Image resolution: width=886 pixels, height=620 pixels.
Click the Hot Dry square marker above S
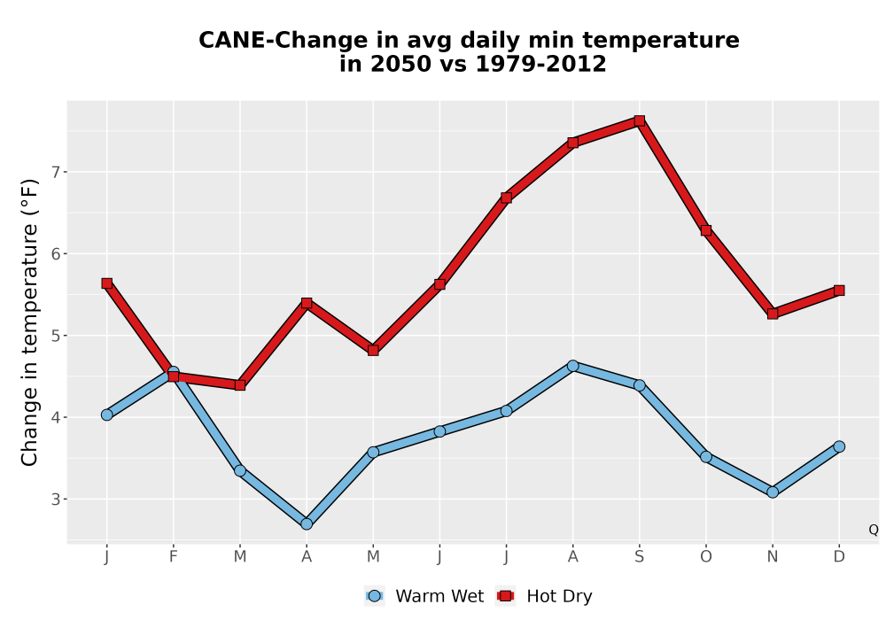639,120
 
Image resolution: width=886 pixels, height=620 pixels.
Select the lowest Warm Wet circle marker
307,524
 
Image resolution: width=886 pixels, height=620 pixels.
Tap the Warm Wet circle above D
839,446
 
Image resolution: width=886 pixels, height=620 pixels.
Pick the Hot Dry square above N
773,314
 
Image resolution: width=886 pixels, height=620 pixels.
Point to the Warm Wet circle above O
706,457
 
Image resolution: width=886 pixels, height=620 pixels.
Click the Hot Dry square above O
706,230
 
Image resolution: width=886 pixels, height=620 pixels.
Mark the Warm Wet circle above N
773,492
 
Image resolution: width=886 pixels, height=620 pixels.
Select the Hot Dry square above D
839,291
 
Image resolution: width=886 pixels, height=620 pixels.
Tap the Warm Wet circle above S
639,385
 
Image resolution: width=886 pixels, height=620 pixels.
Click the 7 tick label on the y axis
56,172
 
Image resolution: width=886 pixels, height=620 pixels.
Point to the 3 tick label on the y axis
56,500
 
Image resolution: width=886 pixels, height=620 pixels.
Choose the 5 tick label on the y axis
56,336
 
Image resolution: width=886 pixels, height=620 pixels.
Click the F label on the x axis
174,557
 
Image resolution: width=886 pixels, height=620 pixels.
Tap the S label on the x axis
639,557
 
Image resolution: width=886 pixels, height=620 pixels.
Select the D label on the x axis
839,557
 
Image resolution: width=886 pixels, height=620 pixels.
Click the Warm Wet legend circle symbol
374,596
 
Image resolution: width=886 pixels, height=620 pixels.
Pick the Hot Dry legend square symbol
505,596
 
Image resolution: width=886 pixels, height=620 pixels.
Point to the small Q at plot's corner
874,530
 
